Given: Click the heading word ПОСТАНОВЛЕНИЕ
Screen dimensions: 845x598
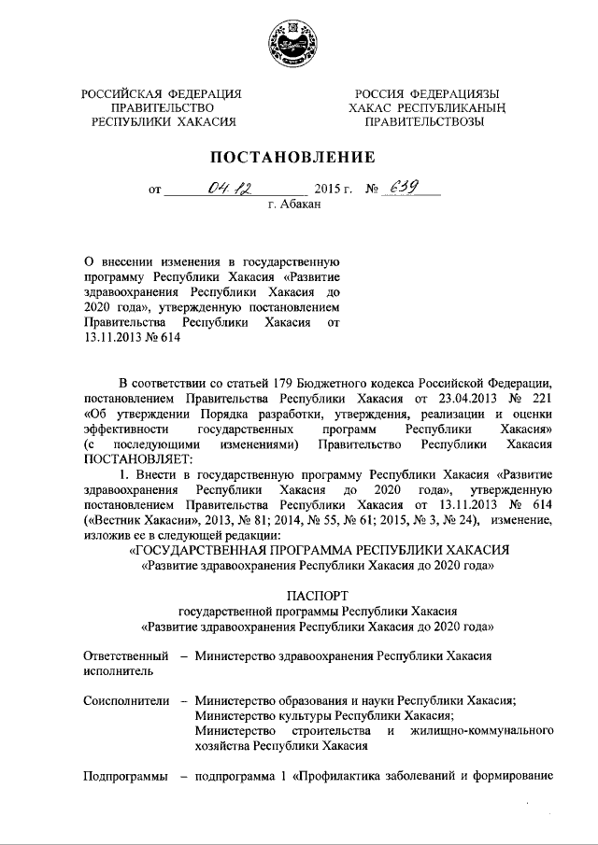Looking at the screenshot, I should pyautogui.click(x=298, y=156).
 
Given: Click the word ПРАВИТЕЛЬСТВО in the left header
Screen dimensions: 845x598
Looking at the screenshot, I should pyautogui.click(x=160, y=107).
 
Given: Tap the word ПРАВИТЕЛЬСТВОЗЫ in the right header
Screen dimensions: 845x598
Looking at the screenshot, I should pyautogui.click(x=424, y=121).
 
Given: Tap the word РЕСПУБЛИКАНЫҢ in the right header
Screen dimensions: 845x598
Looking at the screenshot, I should pyautogui.click(x=460, y=107).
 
